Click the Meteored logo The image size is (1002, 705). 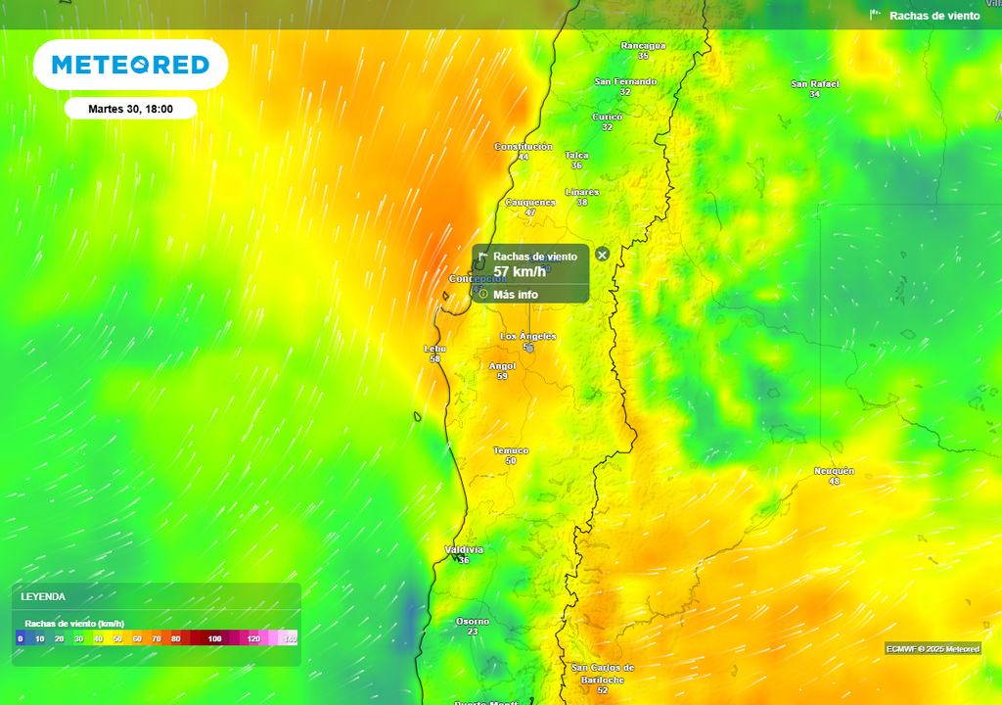[130, 65]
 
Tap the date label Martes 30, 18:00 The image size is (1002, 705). [130, 109]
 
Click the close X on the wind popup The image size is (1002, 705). [603, 255]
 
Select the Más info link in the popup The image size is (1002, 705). [515, 295]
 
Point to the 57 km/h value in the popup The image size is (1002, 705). [520, 271]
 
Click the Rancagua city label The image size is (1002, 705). [643, 45]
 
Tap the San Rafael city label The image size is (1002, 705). [815, 84]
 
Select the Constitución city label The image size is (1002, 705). [524, 147]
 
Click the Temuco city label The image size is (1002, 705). [511, 450]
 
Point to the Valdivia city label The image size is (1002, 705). [464, 549]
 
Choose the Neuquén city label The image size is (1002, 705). [834, 471]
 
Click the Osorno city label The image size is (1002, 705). [473, 622]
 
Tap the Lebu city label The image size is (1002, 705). [434, 349]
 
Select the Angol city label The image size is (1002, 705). [502, 366]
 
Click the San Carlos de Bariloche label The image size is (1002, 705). [603, 674]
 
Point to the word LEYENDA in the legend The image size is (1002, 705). [43, 596]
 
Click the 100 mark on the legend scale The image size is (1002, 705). [214, 639]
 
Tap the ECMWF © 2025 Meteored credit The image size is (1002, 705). [933, 649]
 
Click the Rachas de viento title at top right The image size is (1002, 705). [934, 16]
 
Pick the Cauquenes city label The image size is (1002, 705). [530, 203]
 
